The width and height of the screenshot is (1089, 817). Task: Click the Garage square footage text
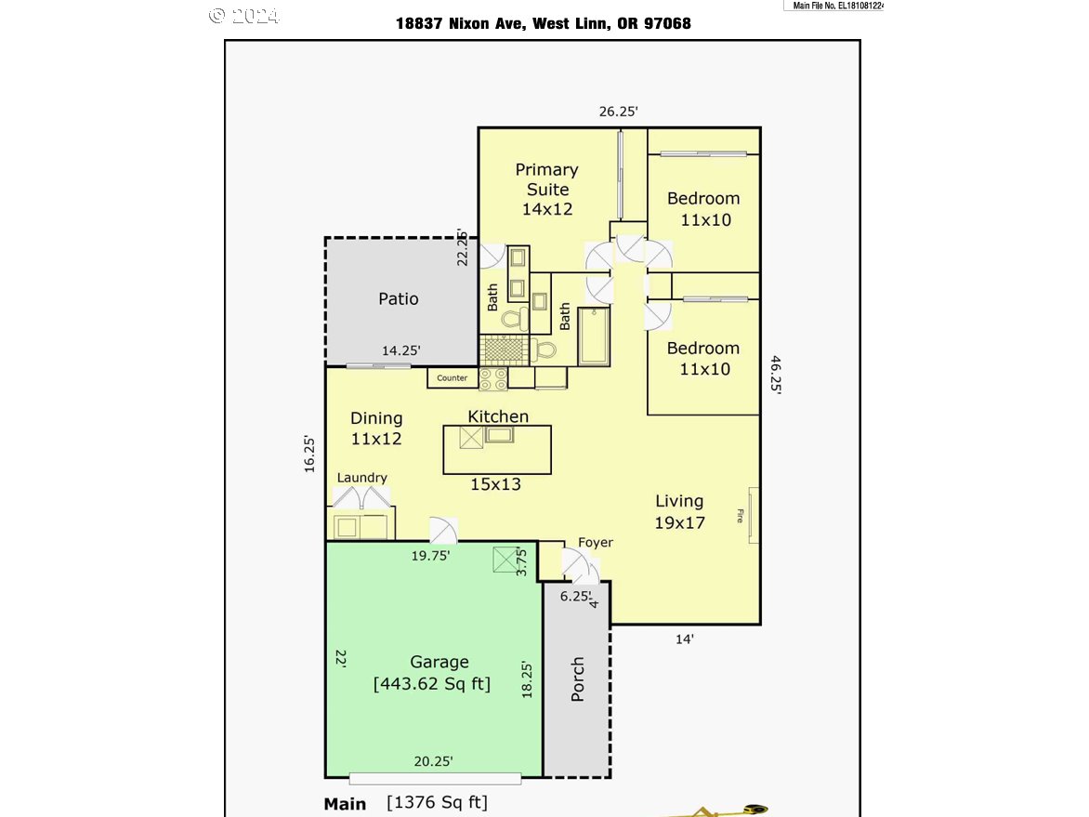point(432,683)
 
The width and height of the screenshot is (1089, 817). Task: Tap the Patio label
point(399,298)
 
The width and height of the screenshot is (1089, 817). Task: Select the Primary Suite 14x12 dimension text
point(547,209)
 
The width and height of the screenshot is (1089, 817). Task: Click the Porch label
point(577,679)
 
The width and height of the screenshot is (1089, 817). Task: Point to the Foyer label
point(596,543)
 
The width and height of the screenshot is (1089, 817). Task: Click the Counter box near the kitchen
point(453,378)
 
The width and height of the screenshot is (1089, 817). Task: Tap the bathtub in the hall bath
point(594,337)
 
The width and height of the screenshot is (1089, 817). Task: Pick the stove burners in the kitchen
point(493,378)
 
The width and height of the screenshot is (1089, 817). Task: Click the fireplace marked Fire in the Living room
point(753,515)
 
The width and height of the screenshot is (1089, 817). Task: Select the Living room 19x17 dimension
point(680,522)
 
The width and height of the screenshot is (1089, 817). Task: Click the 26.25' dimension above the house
point(619,112)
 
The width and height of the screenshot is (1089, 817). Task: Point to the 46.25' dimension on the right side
point(775,376)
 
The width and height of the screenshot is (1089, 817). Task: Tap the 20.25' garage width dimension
point(433,761)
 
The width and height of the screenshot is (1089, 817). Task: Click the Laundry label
point(361,478)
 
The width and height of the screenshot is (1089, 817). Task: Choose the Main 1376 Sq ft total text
point(406,803)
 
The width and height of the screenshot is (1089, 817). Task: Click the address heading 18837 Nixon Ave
point(544,23)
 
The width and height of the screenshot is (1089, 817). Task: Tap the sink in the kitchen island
point(499,436)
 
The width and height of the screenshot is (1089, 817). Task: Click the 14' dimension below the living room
point(685,639)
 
